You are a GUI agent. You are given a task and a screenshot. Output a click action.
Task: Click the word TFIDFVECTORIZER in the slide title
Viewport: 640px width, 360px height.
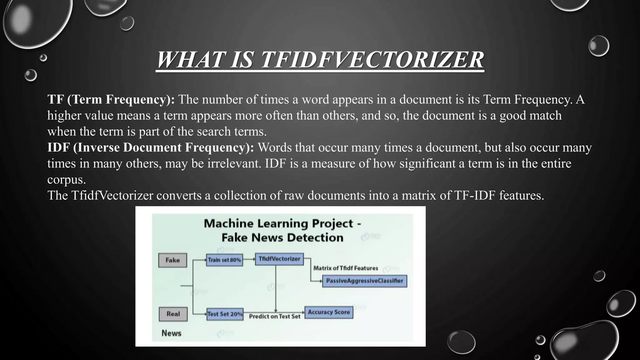point(372,60)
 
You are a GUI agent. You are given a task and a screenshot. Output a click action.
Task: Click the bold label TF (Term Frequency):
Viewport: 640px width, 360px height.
point(111,99)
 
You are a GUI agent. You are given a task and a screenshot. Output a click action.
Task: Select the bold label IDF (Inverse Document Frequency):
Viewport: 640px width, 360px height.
point(151,147)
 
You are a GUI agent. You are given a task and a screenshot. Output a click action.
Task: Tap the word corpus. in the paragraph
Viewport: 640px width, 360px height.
point(67,180)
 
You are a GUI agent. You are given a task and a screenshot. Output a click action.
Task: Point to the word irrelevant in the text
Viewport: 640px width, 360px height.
point(234,163)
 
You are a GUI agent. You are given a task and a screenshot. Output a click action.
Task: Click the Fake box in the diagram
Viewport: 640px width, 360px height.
point(172,260)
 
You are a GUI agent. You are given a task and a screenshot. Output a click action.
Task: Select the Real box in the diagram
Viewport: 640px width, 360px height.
point(173,314)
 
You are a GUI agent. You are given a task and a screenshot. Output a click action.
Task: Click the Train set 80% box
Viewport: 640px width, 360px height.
point(224,260)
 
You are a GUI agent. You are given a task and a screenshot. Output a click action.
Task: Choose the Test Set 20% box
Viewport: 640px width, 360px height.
point(225,314)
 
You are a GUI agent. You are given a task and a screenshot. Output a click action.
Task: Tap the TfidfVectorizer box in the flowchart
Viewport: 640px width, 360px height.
point(279,259)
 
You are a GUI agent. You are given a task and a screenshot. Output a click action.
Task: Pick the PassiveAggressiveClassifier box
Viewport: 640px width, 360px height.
point(364,281)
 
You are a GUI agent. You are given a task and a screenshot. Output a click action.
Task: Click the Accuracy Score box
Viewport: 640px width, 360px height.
point(328,312)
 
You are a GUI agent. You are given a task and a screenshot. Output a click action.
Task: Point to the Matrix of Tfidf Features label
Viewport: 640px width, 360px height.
point(346,268)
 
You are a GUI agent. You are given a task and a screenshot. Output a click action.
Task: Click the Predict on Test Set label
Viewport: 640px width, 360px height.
point(274,317)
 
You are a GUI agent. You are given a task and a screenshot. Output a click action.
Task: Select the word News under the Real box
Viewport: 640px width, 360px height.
point(171,333)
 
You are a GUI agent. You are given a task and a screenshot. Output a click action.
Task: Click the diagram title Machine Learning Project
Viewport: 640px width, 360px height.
point(282,224)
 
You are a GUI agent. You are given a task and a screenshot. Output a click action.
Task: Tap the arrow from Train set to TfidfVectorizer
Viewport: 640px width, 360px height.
point(249,259)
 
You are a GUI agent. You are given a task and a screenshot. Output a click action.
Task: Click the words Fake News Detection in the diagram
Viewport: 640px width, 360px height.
point(282,237)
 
